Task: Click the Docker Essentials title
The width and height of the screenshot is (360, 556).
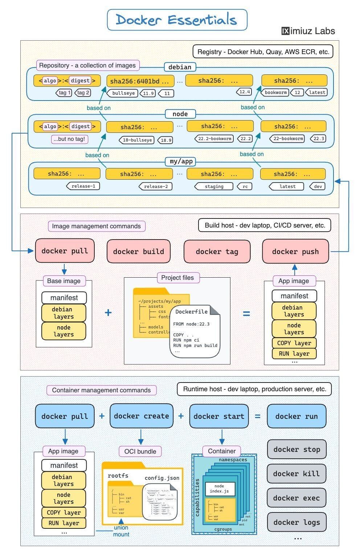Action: pyautogui.click(x=177, y=20)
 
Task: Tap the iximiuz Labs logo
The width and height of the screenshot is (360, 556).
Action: pyautogui.click(x=308, y=31)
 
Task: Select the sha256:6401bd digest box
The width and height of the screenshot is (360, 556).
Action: pyautogui.click(x=140, y=81)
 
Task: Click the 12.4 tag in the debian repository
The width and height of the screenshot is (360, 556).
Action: pyautogui.click(x=244, y=92)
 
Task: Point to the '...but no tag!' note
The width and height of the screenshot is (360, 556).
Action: pyautogui.click(x=69, y=139)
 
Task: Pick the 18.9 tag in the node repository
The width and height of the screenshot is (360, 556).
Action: pyautogui.click(x=166, y=140)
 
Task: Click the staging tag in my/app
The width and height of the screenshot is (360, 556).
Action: pyautogui.click(x=214, y=187)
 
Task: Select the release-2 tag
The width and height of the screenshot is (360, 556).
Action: pyautogui.click(x=156, y=187)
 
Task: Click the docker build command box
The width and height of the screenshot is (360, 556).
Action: pyautogui.click(x=138, y=251)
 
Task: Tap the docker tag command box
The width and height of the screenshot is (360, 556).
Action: pyautogui.click(x=217, y=251)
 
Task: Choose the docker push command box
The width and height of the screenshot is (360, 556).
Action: pyautogui.click(x=295, y=251)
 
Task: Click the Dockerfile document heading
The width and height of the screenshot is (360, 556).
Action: pyautogui.click(x=191, y=312)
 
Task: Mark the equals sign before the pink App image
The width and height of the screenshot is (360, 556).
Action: pyautogui.click(x=246, y=314)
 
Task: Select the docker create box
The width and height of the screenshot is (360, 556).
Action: pyautogui.click(x=141, y=416)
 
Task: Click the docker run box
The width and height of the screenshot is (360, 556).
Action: pyautogui.click(x=296, y=416)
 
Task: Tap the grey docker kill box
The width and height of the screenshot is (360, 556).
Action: pyautogui.click(x=296, y=474)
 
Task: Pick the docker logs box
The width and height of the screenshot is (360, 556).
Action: pyautogui.click(x=296, y=522)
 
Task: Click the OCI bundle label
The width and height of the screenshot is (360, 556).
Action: pyautogui.click(x=140, y=451)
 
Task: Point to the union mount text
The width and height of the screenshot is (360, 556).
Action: pyautogui.click(x=121, y=531)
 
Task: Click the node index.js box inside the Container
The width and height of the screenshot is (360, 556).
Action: pyautogui.click(x=219, y=488)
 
